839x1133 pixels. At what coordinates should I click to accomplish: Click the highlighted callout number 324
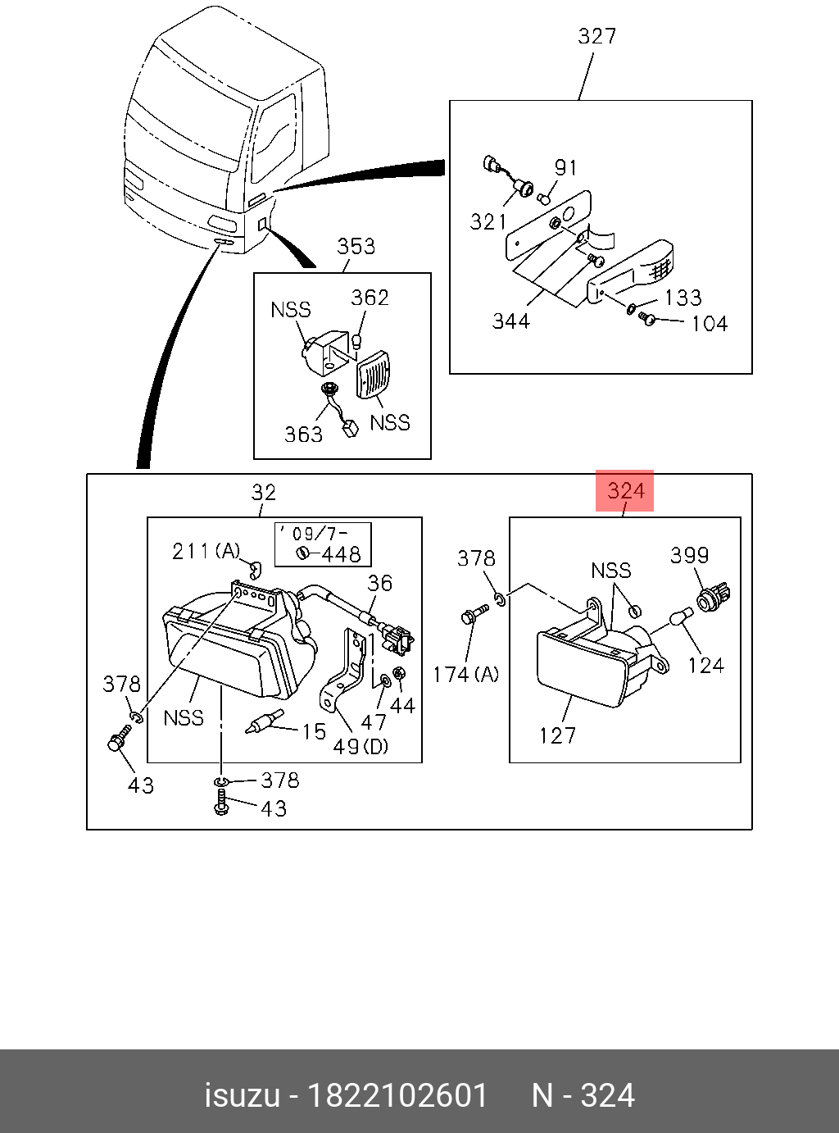[625, 491]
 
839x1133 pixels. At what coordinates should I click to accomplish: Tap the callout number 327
[596, 36]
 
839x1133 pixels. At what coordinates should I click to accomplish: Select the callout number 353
[356, 246]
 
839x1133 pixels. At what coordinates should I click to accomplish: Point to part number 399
[689, 555]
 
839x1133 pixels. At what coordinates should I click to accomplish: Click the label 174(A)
[465, 674]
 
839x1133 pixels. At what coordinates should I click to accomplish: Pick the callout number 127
[557, 735]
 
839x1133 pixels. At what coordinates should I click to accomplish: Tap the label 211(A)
[206, 551]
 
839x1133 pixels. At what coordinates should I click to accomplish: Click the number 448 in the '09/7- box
[340, 554]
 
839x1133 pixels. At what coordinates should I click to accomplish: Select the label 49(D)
[361, 747]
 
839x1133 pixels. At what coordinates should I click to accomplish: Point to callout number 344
[510, 321]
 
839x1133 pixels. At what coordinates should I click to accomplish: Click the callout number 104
[709, 323]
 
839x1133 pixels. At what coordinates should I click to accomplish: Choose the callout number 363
[303, 434]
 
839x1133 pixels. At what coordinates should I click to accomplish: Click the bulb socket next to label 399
[715, 596]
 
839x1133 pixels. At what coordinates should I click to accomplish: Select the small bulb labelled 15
[262, 722]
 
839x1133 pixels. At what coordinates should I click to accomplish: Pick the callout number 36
[379, 583]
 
